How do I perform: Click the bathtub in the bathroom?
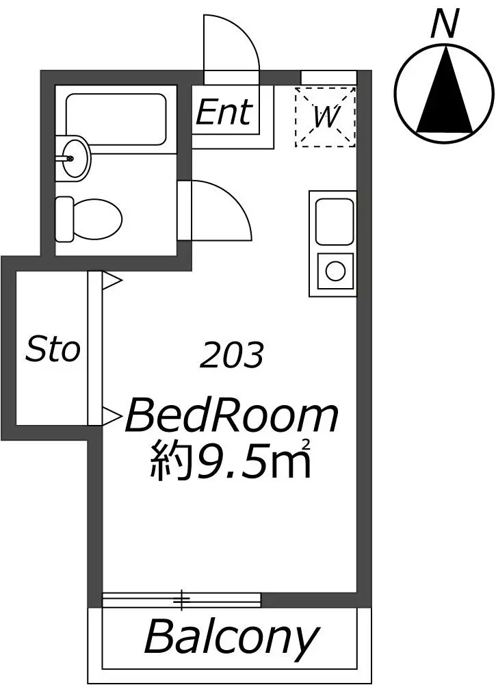[116, 119]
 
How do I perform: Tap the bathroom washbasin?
[73, 157]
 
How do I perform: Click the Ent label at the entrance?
[224, 112]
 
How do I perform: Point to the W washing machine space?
[325, 116]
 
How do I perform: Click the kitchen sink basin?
[335, 222]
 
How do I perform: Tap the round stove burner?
[335, 271]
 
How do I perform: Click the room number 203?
[231, 355]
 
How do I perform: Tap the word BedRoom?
[232, 417]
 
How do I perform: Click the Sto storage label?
[53, 349]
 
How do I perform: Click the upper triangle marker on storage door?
[112, 281]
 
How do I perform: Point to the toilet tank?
[64, 219]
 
